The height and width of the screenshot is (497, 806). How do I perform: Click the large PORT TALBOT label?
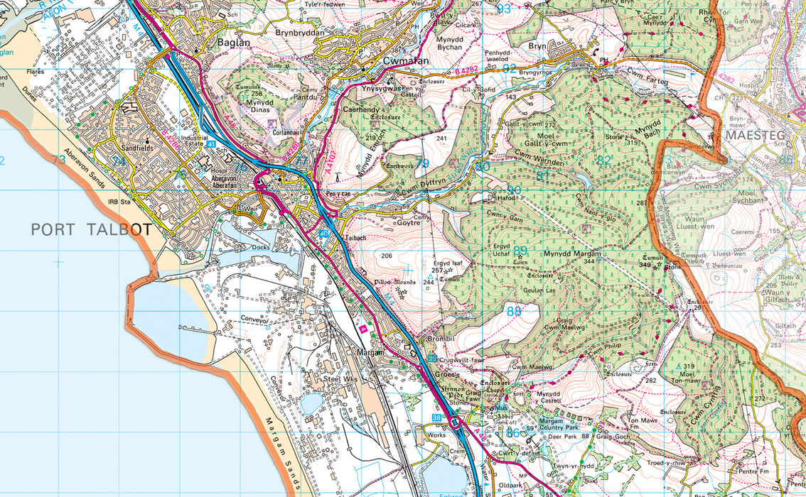91,229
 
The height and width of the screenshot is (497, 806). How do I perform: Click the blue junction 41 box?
211,144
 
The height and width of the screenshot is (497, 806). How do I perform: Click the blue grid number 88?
514,310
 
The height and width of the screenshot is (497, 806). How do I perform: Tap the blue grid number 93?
503,9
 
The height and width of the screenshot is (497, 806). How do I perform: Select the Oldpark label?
511,486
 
